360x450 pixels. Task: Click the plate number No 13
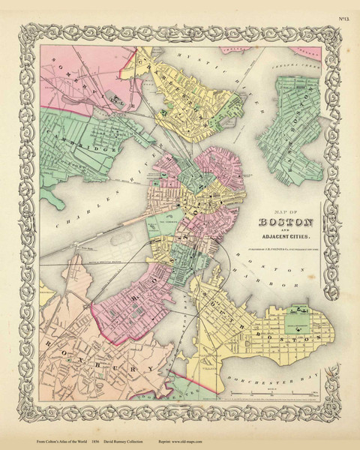click(342, 9)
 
